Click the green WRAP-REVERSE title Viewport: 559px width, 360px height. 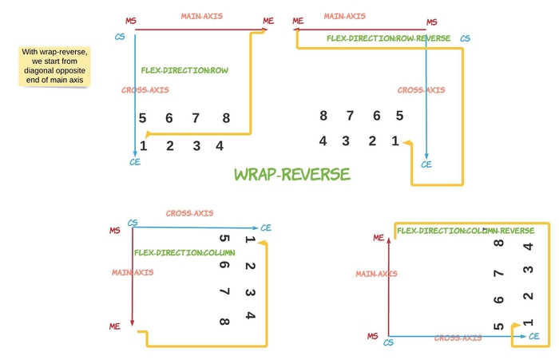coord(291,175)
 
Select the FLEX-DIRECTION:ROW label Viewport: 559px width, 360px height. coord(184,70)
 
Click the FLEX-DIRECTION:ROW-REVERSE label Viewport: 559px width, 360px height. coord(388,38)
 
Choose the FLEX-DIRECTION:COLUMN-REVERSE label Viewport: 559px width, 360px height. coord(465,231)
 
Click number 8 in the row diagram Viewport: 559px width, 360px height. coord(226,119)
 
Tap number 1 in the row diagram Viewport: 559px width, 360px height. coord(144,145)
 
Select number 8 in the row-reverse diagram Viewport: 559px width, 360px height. coord(323,116)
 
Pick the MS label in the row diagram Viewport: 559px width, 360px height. coord(130,20)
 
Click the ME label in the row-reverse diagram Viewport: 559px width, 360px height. coord(299,21)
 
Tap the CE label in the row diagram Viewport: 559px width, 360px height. coord(135,162)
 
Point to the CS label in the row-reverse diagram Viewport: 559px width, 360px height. coord(465,38)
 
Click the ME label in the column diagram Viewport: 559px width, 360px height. coord(115,326)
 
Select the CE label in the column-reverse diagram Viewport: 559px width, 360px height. coord(533,338)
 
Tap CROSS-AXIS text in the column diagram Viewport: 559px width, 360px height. coord(189,213)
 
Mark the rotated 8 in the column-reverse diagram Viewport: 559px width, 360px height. coord(499,243)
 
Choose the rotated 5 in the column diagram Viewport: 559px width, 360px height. coord(224,239)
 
